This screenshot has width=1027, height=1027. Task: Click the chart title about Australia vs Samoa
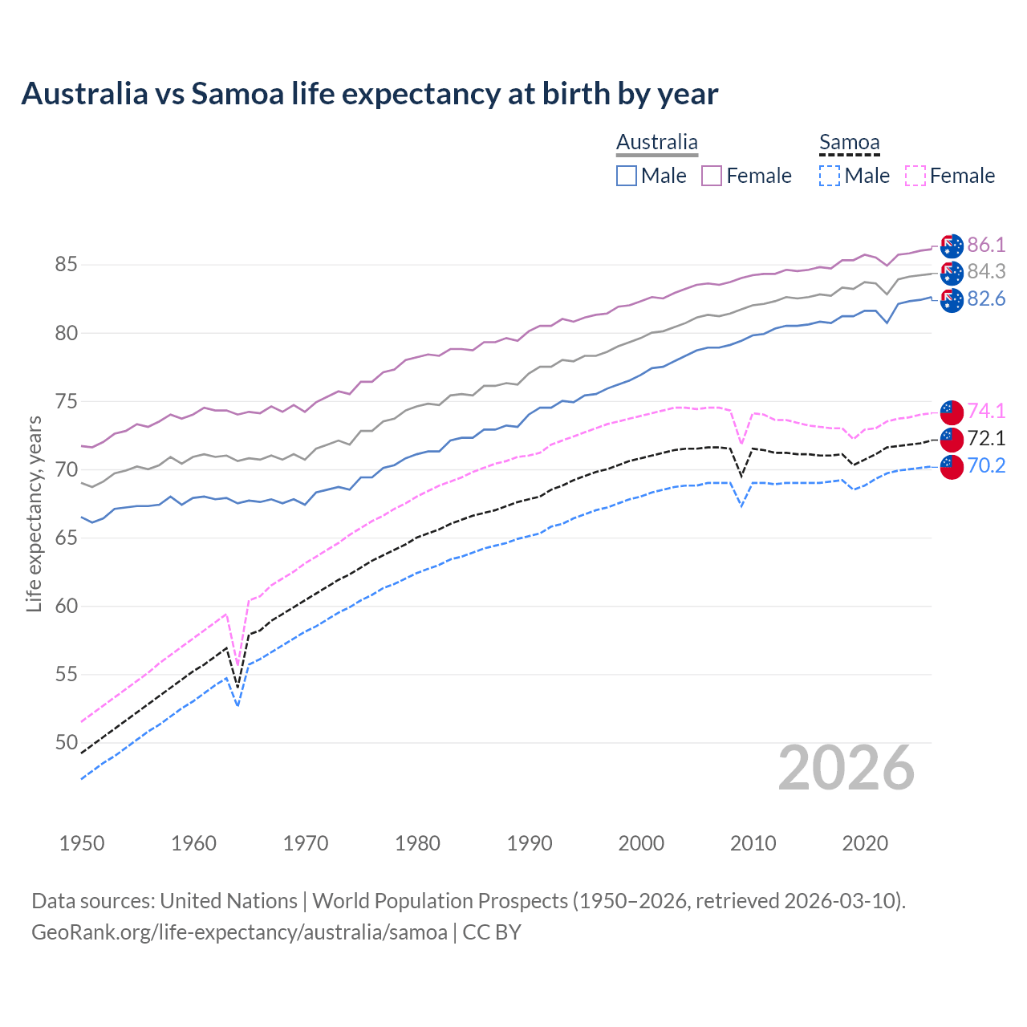pos(369,94)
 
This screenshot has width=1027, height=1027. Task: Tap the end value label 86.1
pos(986,245)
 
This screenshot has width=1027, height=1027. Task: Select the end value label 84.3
pos(986,272)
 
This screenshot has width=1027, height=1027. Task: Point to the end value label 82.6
pos(986,299)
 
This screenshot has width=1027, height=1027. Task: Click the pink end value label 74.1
pos(986,411)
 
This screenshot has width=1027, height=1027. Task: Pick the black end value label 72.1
pos(986,438)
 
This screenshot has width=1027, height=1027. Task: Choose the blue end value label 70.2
pos(986,465)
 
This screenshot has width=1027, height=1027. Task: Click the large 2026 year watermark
pos(846,768)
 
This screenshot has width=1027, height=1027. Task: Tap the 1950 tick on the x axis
pos(82,843)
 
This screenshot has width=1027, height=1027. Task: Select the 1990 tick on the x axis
pos(530,843)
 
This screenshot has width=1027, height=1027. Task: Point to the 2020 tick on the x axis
pos(865,843)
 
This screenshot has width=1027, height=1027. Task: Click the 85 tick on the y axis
pos(67,265)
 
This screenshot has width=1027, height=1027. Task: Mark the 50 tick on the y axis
pos(67,743)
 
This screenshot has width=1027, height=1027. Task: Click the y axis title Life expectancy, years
pos(34,513)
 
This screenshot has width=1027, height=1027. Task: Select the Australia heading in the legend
pos(657,142)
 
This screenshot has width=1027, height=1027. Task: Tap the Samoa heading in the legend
pos(849,142)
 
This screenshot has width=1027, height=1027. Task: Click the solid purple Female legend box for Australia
pos(712,176)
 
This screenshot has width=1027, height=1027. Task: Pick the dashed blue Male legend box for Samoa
pos(830,176)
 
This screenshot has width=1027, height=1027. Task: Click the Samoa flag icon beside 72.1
pos(952,439)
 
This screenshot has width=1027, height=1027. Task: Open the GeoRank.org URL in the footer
pos(239,932)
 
